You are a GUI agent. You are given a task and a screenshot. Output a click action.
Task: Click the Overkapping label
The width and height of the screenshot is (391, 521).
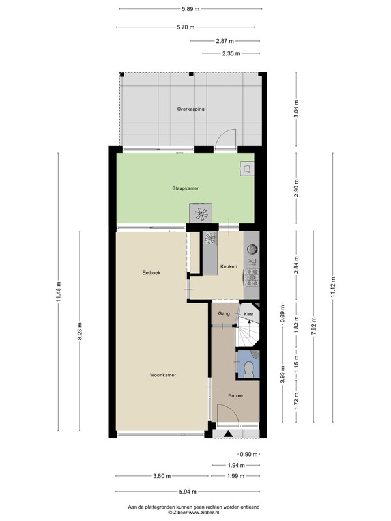point(190,109)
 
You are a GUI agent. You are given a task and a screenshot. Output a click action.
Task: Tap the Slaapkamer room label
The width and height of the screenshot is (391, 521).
point(186,188)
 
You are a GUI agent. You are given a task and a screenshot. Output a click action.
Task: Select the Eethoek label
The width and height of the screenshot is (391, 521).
point(151,272)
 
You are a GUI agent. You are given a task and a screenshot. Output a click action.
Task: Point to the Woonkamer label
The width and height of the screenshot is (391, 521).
point(162,375)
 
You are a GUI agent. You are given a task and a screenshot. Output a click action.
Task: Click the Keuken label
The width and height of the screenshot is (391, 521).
point(229,266)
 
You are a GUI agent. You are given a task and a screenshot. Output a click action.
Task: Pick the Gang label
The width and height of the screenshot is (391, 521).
point(224,313)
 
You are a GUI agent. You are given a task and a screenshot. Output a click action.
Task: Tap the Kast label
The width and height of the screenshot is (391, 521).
point(249,314)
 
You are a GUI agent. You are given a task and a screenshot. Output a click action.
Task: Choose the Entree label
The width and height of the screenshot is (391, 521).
point(235,396)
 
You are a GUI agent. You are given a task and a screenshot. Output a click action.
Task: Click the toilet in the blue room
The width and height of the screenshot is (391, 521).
point(249,369)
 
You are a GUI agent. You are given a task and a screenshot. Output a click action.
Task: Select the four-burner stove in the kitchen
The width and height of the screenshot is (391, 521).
point(252,277)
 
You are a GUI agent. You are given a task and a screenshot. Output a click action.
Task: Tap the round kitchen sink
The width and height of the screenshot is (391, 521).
point(252,248)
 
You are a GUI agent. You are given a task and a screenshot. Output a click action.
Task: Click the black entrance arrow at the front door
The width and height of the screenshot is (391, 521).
point(228,434)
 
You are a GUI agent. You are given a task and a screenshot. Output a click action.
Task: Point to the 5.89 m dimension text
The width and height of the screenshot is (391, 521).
point(190,9)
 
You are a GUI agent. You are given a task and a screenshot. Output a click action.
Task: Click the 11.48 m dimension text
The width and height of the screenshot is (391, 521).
point(59,292)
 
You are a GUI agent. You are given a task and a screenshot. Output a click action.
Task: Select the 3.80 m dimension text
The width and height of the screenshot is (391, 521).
point(162,476)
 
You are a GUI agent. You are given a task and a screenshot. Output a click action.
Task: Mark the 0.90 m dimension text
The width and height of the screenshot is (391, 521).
point(249,454)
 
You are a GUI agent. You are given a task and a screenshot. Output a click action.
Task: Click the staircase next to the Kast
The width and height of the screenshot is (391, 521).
point(246,331)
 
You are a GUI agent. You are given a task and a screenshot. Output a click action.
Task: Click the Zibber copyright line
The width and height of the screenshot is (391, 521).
point(194,513)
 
